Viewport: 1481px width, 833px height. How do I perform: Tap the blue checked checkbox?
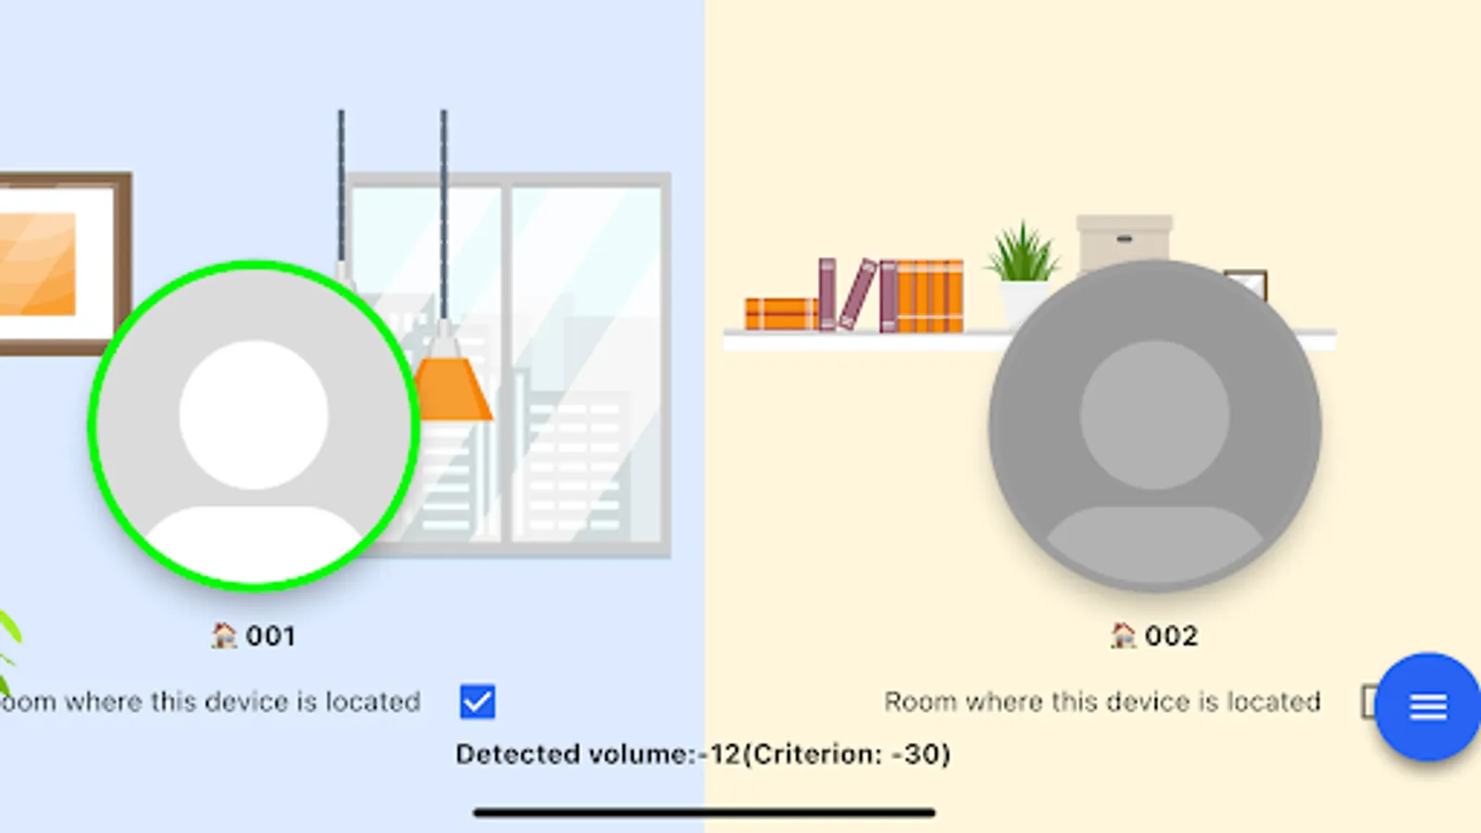(x=478, y=702)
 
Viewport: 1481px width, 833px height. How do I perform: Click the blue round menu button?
(x=1427, y=707)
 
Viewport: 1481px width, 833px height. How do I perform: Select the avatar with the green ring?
(x=254, y=426)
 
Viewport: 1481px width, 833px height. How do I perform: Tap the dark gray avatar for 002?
(x=1154, y=426)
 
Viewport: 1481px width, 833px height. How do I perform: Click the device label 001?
(x=270, y=637)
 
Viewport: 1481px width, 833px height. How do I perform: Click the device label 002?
(x=1171, y=637)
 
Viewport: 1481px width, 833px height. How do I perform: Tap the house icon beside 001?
(x=224, y=636)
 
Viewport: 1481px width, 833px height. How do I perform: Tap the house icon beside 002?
(x=1124, y=636)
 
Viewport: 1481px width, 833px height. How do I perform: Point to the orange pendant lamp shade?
(x=451, y=389)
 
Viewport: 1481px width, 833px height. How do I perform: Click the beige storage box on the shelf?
(x=1124, y=241)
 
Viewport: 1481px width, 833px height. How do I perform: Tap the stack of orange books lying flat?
(x=780, y=314)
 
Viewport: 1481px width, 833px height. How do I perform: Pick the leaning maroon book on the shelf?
(x=858, y=295)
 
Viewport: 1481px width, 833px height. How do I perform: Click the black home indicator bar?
(x=703, y=813)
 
